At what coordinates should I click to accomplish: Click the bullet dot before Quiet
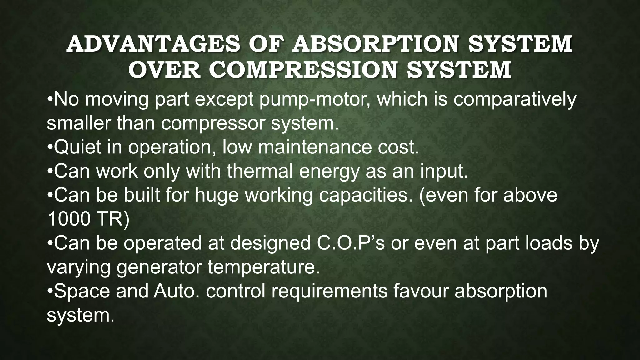(50, 147)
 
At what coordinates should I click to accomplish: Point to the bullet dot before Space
(50, 291)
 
